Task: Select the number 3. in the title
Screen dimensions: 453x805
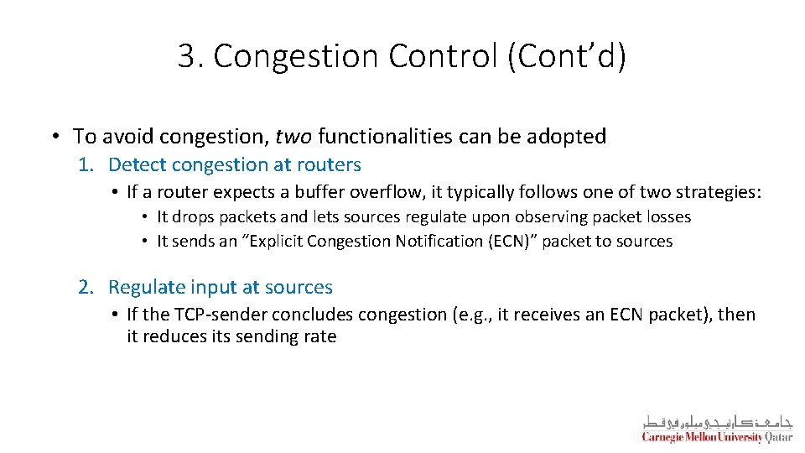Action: click(x=191, y=56)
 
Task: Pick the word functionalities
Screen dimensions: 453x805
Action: click(x=398, y=136)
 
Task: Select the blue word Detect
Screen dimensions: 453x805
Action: click(x=137, y=164)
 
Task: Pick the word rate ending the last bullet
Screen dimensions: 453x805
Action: click(x=320, y=336)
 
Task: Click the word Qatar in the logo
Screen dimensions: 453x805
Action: click(x=779, y=436)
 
